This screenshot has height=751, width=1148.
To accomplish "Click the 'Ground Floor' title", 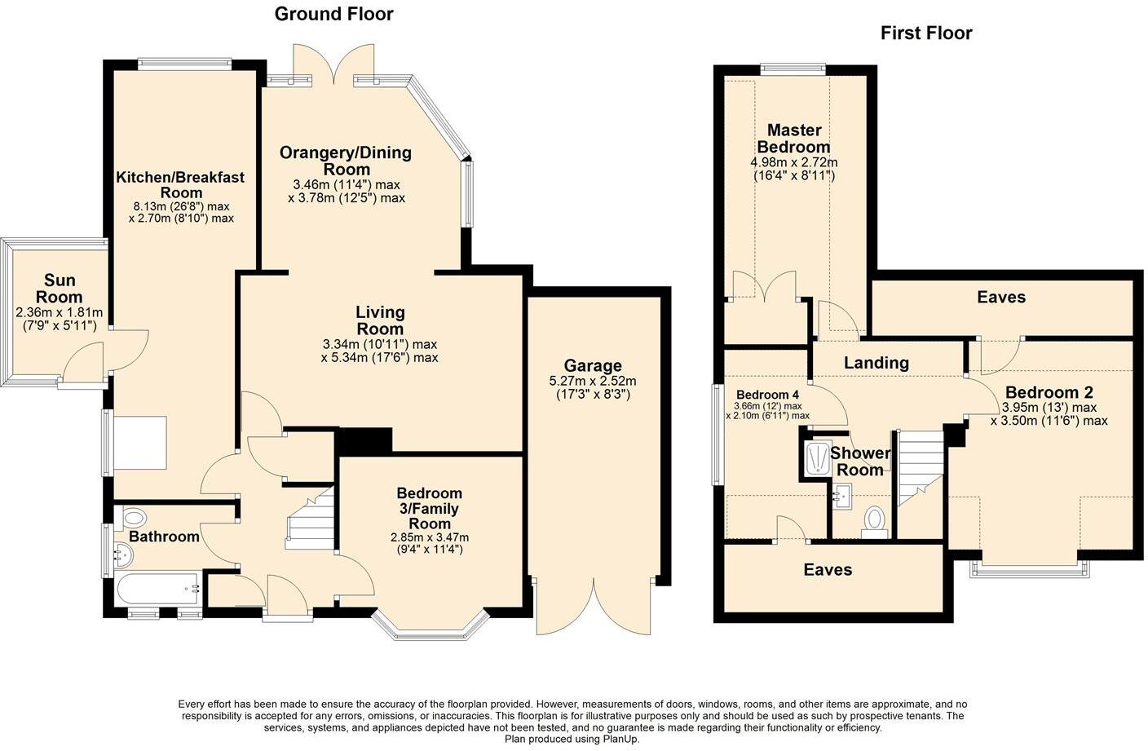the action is [x=333, y=14].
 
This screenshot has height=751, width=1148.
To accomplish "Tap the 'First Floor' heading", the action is [x=926, y=33].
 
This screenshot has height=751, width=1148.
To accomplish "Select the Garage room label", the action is [x=593, y=365].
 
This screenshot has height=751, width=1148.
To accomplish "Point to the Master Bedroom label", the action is [x=794, y=139].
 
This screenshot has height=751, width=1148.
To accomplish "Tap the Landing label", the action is [x=876, y=363].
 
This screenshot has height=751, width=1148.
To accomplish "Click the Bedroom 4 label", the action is [x=767, y=395].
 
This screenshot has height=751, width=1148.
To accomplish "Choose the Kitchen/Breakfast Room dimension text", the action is [x=182, y=212].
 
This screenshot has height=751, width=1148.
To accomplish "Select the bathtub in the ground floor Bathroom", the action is [x=158, y=589].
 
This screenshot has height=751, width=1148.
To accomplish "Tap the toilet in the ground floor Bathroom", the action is [x=130, y=518].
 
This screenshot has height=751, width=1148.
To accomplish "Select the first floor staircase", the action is [x=921, y=467].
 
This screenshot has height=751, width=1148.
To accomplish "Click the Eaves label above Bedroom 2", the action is [x=1001, y=298].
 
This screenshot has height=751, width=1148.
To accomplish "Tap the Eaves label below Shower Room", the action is [x=828, y=569].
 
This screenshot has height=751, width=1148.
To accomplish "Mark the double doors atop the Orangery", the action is [x=334, y=64].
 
